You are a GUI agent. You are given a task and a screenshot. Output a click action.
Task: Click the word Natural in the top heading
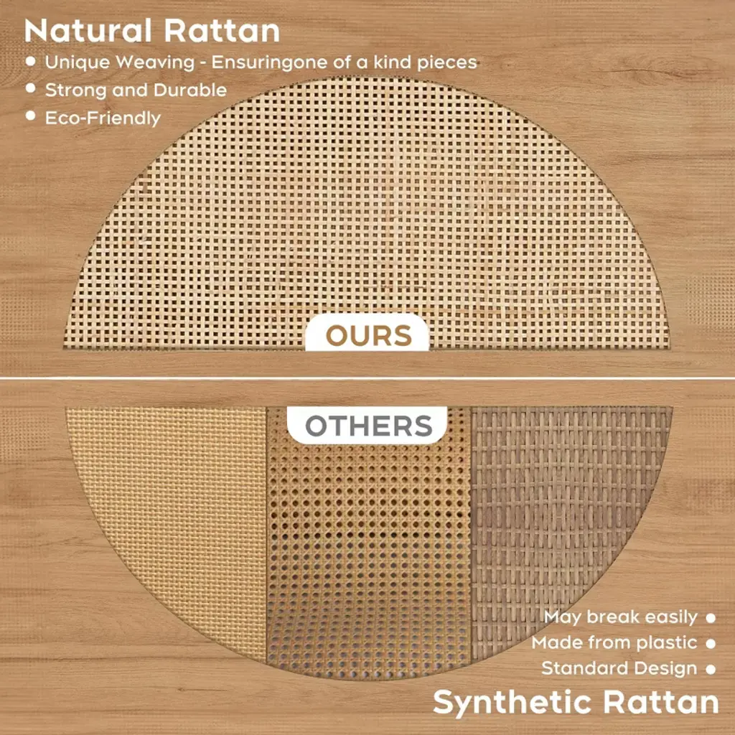(x=88, y=31)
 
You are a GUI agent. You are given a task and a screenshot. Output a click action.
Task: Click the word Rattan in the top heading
(x=222, y=31)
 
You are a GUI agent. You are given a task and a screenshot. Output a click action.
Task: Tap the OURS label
(x=368, y=336)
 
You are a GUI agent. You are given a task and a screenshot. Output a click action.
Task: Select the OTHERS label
(x=368, y=426)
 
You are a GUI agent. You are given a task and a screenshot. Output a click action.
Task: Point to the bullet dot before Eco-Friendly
(x=31, y=116)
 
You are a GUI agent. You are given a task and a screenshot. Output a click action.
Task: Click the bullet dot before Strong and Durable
(x=31, y=88)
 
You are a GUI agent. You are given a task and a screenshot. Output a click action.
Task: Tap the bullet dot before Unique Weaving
(x=31, y=61)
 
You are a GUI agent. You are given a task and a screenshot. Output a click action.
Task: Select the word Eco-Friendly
(x=103, y=118)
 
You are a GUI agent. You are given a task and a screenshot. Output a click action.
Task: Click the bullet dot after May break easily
(x=711, y=618)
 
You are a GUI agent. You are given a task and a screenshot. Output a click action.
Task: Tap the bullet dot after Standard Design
(x=711, y=670)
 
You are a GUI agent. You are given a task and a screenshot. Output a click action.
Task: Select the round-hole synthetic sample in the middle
(x=368, y=553)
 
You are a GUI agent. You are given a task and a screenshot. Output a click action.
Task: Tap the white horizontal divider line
(x=367, y=378)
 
